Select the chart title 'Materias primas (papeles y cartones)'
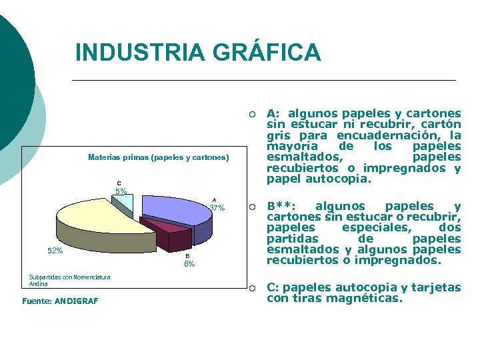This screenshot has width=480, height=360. pos(158,158)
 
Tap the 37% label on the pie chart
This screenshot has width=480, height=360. pos(217,208)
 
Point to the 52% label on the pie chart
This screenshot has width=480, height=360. pos(55,251)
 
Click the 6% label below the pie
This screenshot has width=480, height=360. pos(189,264)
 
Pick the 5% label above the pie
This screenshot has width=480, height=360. pos(121,191)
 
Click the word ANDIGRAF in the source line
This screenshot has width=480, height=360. pos(77,301)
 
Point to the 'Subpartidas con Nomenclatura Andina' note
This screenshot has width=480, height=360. pos(69,281)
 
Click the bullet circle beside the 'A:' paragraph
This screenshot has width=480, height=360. pos(252,114)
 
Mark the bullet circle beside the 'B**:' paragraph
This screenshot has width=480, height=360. pos(252,207)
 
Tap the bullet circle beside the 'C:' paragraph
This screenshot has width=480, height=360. pos(252,288)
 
